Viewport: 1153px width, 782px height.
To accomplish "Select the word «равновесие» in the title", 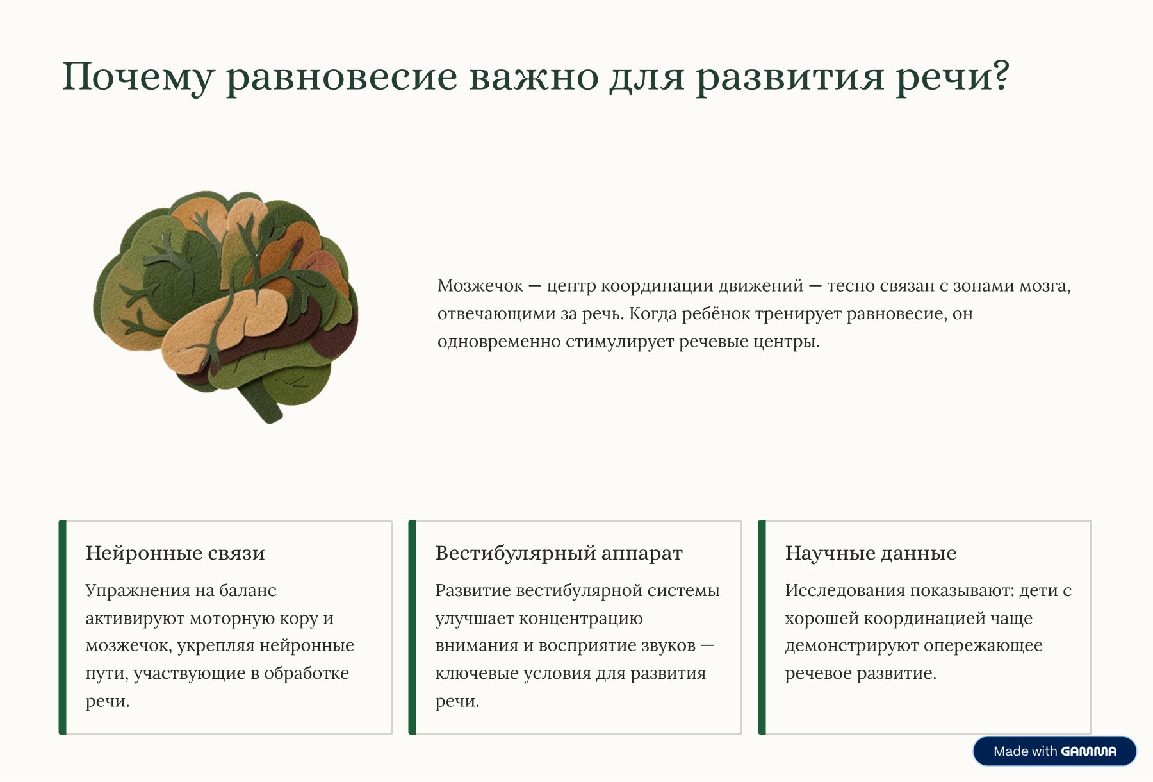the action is pos(342,78).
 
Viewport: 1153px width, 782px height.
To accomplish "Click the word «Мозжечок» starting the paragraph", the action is pos(480,286).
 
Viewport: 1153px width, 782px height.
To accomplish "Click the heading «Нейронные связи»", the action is pos(175,553).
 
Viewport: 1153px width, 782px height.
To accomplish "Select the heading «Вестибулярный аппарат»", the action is pos(559,553).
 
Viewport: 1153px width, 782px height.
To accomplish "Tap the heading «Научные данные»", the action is pos(871,553).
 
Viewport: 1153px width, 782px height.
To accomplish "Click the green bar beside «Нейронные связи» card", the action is pos(63,627).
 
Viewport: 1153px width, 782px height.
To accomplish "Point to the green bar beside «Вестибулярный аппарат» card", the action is pos(413,627).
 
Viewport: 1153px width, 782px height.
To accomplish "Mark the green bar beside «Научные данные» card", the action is pos(762,627).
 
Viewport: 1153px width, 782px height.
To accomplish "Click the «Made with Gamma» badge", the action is pos(1054,751).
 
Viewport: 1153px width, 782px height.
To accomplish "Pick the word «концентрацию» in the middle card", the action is pos(580,619).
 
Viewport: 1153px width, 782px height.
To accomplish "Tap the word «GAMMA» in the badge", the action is pos(1088,751).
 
